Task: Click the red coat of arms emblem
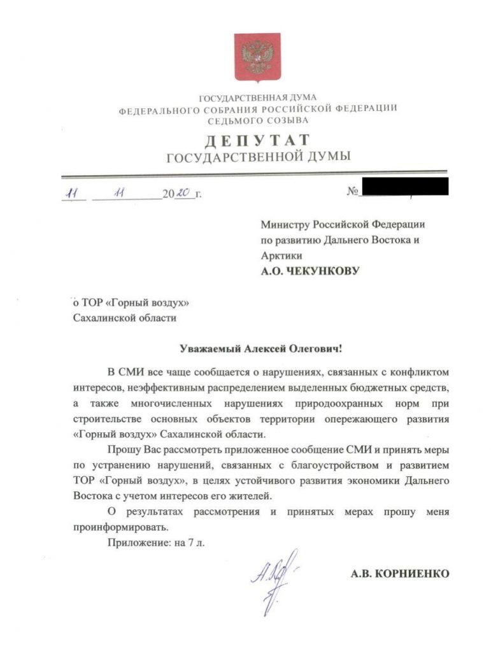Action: click(x=257, y=58)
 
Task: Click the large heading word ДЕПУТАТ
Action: click(x=257, y=139)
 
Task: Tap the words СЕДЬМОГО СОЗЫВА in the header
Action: click(x=257, y=119)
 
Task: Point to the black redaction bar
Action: click(x=404, y=187)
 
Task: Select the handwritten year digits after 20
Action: click(x=183, y=193)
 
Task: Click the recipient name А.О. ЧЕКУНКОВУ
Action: click(x=310, y=271)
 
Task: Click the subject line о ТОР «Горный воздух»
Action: click(x=132, y=302)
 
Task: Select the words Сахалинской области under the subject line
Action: click(x=125, y=318)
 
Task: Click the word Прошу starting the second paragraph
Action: click(x=120, y=451)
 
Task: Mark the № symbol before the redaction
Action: click(x=352, y=192)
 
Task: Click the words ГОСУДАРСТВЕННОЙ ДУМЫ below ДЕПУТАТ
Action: click(x=257, y=157)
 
